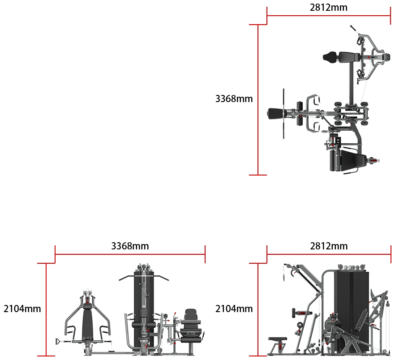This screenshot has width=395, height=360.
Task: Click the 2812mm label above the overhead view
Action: pyautogui.click(x=329, y=8)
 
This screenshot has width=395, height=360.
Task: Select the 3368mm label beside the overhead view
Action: pyautogui.click(x=234, y=99)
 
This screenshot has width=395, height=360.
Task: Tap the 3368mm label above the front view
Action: pyautogui.click(x=130, y=246)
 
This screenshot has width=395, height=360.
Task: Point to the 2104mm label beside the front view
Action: pyautogui.click(x=22, y=309)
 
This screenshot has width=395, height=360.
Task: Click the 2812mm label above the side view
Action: pyautogui.click(x=329, y=246)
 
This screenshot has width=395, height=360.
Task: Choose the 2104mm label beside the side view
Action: pyautogui.click(x=234, y=309)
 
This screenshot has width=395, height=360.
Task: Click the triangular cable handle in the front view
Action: pyautogui.click(x=58, y=341)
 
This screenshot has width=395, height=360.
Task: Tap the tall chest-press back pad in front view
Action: pyautogui.click(x=87, y=322)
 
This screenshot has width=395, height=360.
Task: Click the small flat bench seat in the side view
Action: pyautogui.click(x=277, y=339)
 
